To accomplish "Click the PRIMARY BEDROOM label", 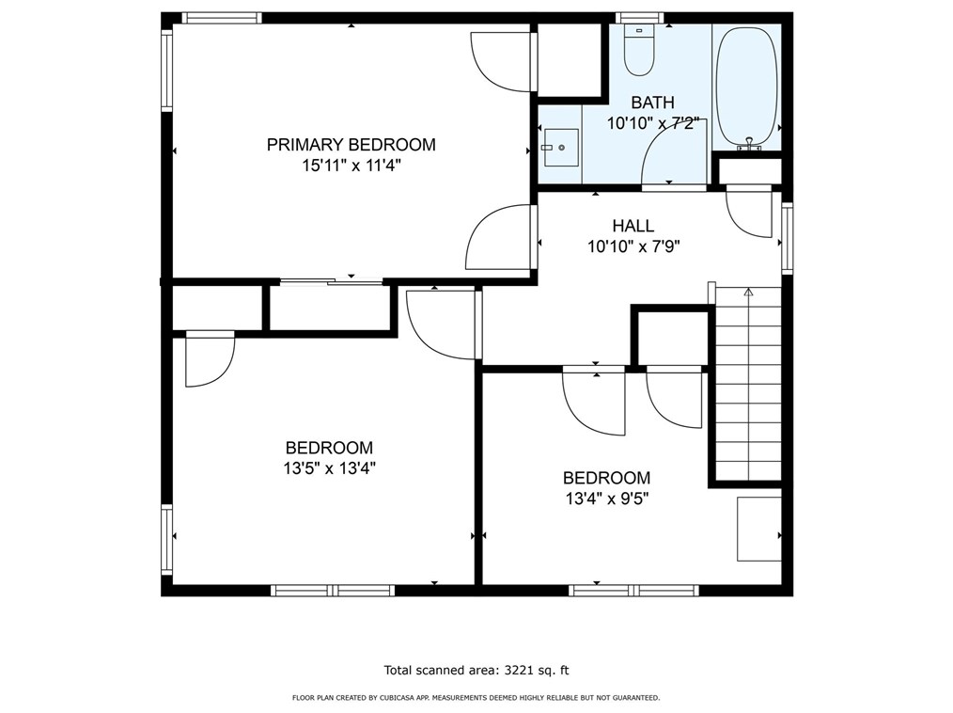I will [351, 145].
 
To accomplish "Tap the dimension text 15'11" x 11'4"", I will [351, 166].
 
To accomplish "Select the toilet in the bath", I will [639, 52].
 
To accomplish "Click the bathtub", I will [747, 85].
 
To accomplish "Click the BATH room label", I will [652, 103].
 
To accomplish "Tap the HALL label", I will [633, 226].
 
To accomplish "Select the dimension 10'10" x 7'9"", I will [633, 246].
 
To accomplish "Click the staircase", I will [748, 386].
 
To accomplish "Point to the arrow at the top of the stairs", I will [748, 293].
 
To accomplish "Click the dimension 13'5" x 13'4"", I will [329, 468].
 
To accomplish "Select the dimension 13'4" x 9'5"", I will [606, 498].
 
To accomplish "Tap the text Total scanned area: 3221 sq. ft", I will [476, 671].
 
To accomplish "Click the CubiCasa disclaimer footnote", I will [476, 698].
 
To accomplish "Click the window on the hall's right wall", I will [787, 239].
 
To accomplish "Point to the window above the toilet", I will [639, 18].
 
